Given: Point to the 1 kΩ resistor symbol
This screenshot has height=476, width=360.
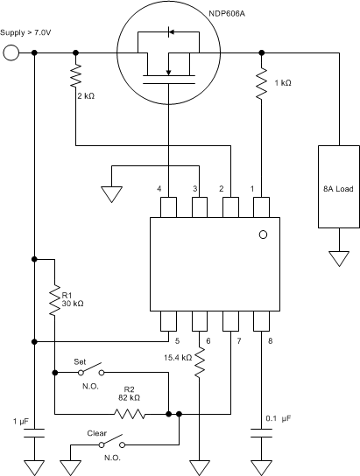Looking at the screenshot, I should tap(261, 84).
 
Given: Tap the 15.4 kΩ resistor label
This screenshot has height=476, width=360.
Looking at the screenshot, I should tap(179, 357).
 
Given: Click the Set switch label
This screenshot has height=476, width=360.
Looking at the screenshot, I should tap(83, 360).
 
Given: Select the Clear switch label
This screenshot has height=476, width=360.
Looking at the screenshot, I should tap(96, 432).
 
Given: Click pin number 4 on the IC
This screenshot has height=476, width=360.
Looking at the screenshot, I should tap(159, 188).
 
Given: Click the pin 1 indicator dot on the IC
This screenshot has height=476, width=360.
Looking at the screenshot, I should tap(261, 235).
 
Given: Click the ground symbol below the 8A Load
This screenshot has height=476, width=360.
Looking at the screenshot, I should tap(337, 257).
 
